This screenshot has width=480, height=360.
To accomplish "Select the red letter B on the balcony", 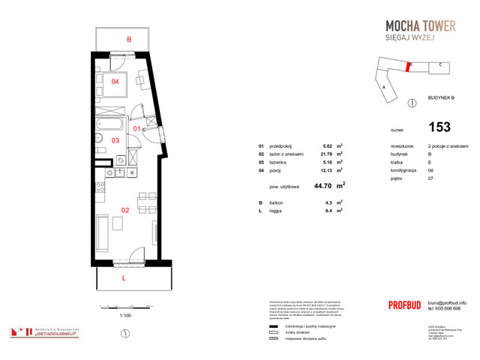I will click(129, 39).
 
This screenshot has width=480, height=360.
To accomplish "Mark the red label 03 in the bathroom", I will click(115, 139).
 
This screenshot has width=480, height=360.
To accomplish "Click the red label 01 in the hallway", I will click(137, 129).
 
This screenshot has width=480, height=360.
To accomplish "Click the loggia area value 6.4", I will click(328, 211).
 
